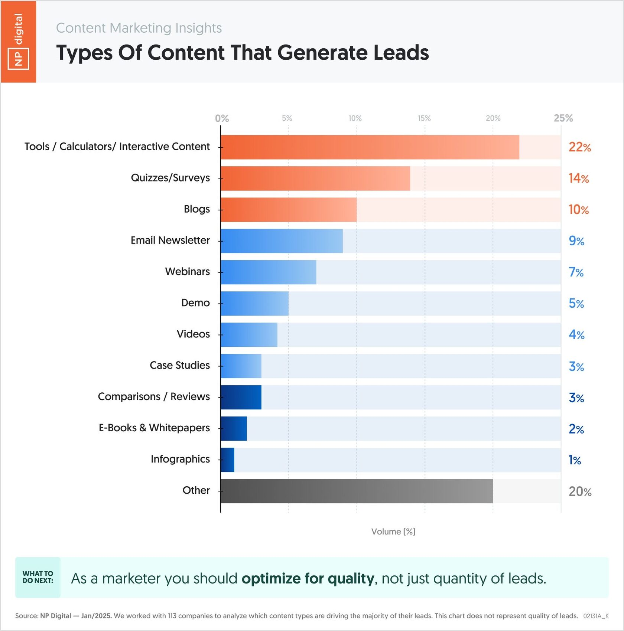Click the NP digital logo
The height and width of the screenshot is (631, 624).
18,41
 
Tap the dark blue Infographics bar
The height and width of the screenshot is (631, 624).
227,460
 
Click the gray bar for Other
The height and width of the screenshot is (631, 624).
356,491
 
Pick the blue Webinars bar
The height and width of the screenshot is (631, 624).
268,272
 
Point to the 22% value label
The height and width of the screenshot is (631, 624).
579,147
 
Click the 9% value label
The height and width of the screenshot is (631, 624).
576,241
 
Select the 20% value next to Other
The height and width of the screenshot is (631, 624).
580,491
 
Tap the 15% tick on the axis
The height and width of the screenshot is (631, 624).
424,118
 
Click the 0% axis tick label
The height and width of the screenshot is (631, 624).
222,118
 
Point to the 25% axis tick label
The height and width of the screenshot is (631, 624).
563,118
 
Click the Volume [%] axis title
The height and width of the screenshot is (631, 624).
393,532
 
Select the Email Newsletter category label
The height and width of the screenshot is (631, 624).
170,241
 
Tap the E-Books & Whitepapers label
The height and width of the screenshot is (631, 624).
154,428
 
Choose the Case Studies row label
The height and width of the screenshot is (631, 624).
180,366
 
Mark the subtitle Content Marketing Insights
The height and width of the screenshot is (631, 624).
139,28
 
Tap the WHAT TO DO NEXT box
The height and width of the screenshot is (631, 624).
38,577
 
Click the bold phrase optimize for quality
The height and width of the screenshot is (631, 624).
308,579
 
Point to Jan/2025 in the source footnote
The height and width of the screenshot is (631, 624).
96,616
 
